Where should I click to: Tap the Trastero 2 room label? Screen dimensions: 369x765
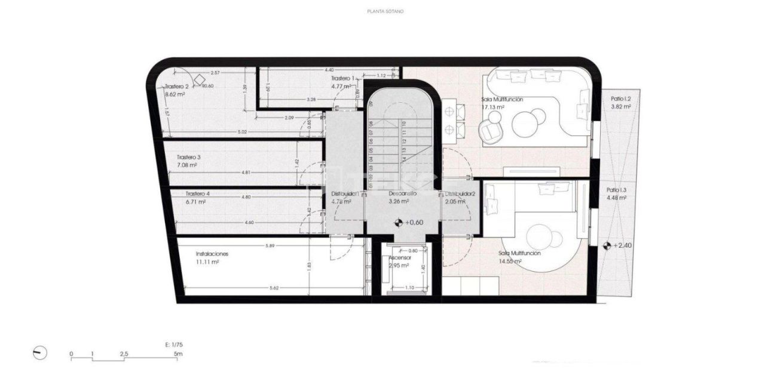(x=177, y=87)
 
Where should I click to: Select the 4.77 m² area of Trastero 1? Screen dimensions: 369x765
(x=342, y=86)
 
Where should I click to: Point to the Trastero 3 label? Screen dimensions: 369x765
(x=188, y=158)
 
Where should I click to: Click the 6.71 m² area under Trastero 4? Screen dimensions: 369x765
(x=195, y=202)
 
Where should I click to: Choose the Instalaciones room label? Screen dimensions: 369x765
(x=212, y=254)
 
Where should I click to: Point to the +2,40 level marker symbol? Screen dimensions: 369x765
(x=607, y=245)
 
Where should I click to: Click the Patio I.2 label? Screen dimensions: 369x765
(x=621, y=99)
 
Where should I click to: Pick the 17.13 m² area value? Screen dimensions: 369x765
(x=493, y=107)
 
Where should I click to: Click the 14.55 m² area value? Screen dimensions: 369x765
(x=510, y=261)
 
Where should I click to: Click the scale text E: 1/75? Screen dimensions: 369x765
(x=175, y=345)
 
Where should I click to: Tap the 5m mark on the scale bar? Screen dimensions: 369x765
(x=178, y=354)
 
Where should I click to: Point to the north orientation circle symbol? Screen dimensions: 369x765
(x=40, y=353)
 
